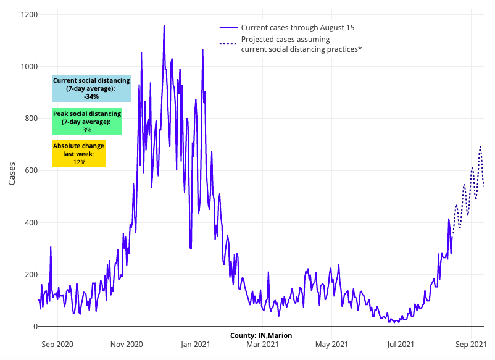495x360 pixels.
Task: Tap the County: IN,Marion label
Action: click(261, 335)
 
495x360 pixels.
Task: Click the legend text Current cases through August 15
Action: click(297, 28)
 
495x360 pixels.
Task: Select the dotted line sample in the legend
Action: click(228, 44)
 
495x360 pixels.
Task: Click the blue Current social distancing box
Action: click(91, 88)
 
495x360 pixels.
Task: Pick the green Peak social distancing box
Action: click(87, 122)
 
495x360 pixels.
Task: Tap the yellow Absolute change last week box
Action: click(78, 154)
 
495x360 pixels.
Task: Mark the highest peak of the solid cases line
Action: click(164, 26)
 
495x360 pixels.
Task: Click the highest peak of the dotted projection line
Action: click(480, 147)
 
